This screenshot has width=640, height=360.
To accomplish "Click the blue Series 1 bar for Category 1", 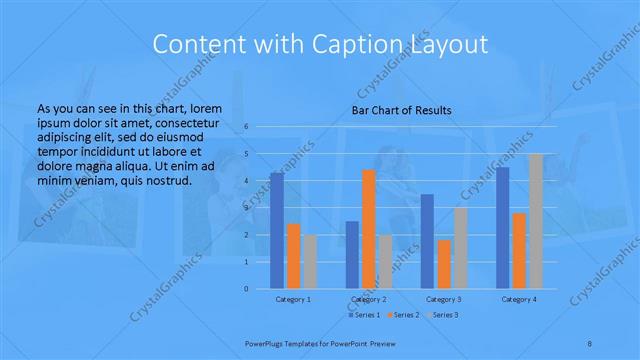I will [x=277, y=230].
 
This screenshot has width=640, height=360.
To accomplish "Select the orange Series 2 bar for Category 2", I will [x=369, y=229].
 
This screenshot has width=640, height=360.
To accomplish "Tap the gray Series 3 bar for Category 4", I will [x=536, y=221].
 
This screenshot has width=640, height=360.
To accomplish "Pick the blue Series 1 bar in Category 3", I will [x=427, y=241].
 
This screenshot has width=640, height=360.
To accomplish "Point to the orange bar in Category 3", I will [x=444, y=264].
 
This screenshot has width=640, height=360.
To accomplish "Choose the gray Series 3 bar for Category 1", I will [x=310, y=262].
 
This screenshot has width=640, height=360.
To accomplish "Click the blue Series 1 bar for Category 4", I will [x=503, y=227].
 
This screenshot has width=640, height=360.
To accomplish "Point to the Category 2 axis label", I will [x=369, y=299].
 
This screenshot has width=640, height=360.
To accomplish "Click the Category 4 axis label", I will [x=519, y=299].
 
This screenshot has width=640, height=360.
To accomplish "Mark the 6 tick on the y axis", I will [x=245, y=127].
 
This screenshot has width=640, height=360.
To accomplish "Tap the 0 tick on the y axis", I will [x=245, y=288].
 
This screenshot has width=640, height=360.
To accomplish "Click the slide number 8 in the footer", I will [x=590, y=342].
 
